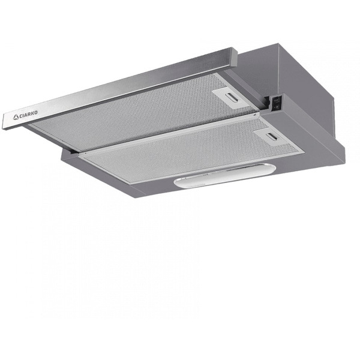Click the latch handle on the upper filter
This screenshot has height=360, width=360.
click(229, 94)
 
